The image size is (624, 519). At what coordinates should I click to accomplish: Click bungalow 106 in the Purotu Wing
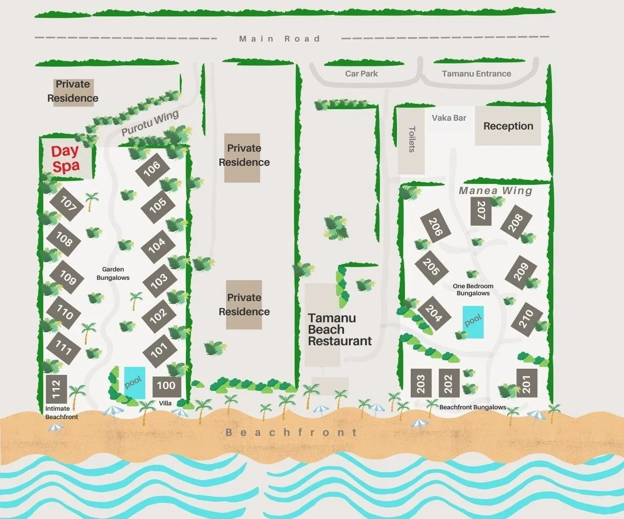[151, 168]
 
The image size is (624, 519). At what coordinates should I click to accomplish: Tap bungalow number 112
[56, 389]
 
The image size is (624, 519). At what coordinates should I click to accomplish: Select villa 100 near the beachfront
[166, 385]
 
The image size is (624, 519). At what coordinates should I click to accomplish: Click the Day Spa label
[65, 158]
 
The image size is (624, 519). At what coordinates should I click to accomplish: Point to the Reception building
[508, 126]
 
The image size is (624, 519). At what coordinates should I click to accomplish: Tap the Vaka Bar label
[449, 118]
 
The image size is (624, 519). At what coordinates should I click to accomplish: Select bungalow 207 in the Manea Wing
[481, 210]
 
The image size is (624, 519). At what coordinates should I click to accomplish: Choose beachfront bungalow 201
[527, 383]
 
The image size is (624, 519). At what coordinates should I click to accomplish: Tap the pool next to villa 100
[134, 382]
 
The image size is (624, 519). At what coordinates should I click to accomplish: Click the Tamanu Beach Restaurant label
[339, 330]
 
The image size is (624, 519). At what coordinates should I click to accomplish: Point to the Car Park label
[361, 74]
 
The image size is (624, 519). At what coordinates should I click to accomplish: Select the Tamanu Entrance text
[476, 74]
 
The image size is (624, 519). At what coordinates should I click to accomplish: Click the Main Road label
[279, 39]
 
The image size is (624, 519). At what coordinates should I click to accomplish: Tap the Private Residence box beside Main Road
[72, 92]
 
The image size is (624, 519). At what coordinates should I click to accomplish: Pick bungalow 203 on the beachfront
[421, 383]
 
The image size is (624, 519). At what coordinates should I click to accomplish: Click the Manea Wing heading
[495, 191]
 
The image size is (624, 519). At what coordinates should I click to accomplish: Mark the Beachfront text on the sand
[291, 432]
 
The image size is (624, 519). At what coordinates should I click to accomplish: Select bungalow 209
[521, 272]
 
